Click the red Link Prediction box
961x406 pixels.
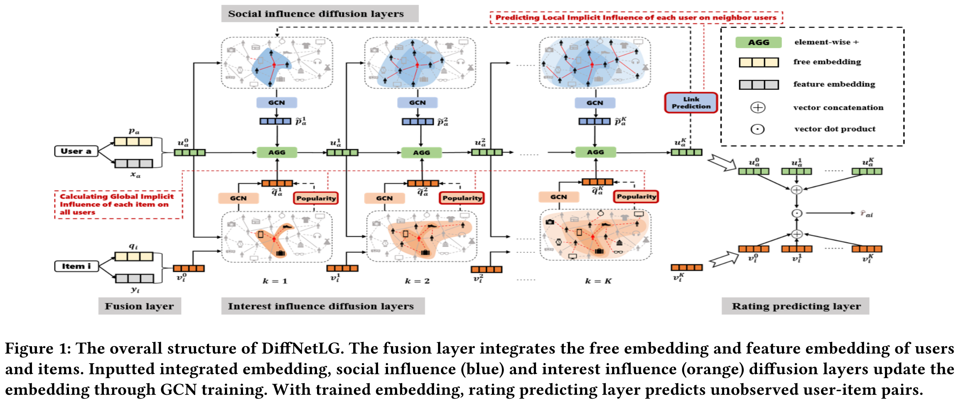click(x=691, y=103)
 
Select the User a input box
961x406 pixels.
click(x=76, y=151)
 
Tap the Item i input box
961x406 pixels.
click(x=76, y=266)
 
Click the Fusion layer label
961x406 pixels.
click(x=139, y=306)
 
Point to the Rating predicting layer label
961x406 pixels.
click(x=796, y=306)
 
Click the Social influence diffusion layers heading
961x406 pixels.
click(x=316, y=14)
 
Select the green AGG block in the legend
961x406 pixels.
click(x=758, y=42)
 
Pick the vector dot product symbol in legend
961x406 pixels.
click(x=757, y=129)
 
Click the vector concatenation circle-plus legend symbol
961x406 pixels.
click(x=757, y=108)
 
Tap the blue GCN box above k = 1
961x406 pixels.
click(x=277, y=103)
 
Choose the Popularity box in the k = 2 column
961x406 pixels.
click(x=462, y=198)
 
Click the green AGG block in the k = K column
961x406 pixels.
click(x=595, y=153)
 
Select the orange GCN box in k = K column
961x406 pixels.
click(x=558, y=197)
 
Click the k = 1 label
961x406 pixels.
click(x=275, y=281)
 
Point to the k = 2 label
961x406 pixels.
click(x=417, y=281)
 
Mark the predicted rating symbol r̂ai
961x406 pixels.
click(x=866, y=214)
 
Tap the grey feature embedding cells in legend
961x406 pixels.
click(x=758, y=85)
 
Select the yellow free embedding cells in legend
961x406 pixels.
click(x=758, y=62)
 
